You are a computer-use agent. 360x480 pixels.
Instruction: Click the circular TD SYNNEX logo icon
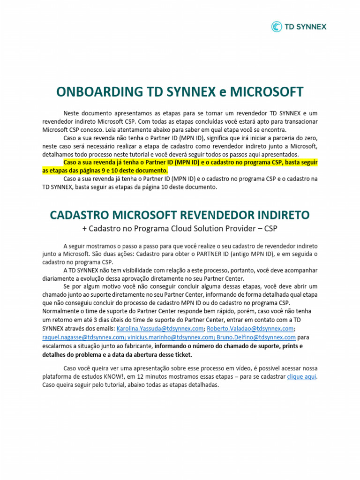click(277, 27)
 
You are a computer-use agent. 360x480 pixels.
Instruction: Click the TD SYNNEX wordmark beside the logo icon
click(305, 27)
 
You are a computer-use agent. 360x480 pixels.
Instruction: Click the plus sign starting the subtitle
click(84, 228)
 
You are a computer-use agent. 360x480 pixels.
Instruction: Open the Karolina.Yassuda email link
click(160, 329)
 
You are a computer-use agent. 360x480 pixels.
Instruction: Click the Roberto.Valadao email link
click(250, 329)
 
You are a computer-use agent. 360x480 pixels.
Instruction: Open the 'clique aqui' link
click(302, 377)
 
